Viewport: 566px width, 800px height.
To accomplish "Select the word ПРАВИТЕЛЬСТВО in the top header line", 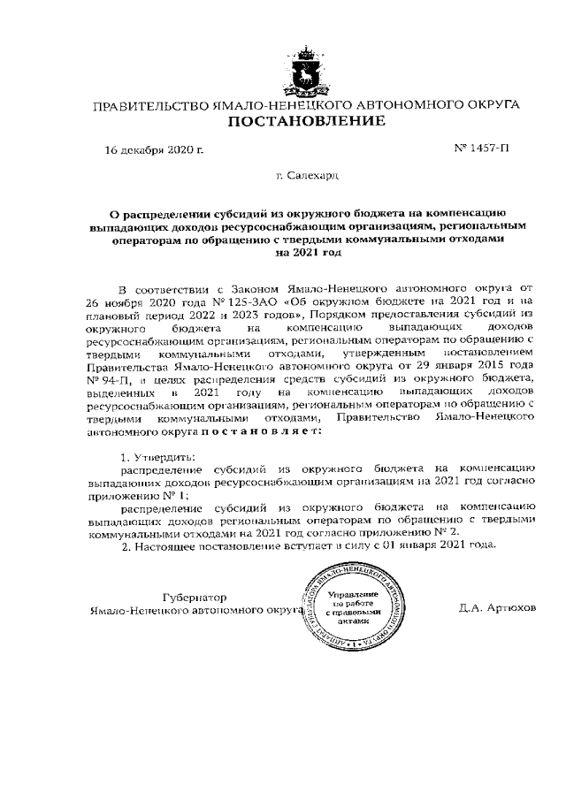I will coord(150,105).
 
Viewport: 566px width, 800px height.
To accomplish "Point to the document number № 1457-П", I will coord(481,149).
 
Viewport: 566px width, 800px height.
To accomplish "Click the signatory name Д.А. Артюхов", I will coord(497,609).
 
